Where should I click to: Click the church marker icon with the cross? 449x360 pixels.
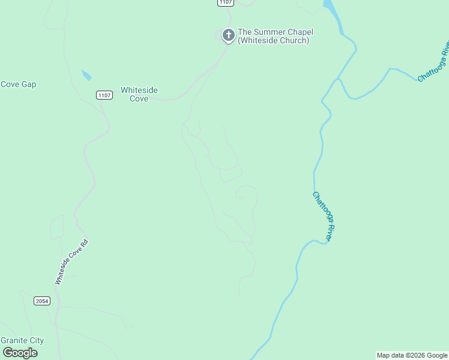coord(228,35)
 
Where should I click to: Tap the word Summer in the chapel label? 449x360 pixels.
coord(268,32)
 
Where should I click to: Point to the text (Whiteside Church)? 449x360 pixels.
coord(273,41)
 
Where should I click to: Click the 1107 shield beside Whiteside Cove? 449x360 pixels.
coord(104,95)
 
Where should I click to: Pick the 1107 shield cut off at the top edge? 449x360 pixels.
coord(225,2)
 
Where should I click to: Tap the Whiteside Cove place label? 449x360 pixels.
coord(139,94)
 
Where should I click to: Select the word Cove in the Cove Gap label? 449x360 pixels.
coord(11,84)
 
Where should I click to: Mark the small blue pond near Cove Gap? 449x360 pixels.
coord(87,76)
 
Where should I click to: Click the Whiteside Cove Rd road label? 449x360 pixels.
coord(71,262)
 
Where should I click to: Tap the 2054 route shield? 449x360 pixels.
coord(42,301)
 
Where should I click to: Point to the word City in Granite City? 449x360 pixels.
coord(37,340)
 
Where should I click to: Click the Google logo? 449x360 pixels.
coord(20,353)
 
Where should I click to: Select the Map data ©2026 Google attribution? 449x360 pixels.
coord(412,355)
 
